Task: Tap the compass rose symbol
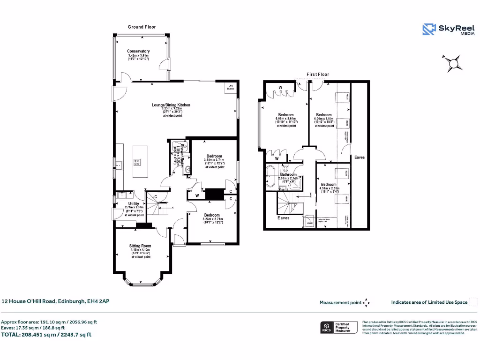pyautogui.click(x=453, y=63)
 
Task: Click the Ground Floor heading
pyautogui.click(x=142, y=27)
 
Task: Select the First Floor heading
pyautogui.click(x=318, y=75)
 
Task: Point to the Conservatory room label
pyautogui.click(x=138, y=51)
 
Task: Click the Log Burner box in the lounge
pyautogui.click(x=231, y=87)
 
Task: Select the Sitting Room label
pyautogui.click(x=140, y=246)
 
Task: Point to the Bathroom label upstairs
pyautogui.click(x=289, y=174)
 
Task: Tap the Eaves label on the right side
pyautogui.click(x=360, y=157)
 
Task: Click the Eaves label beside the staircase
pyautogui.click(x=283, y=218)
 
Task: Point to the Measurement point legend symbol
pyautogui.click(x=367, y=303)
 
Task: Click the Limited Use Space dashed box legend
pyautogui.click(x=473, y=302)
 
